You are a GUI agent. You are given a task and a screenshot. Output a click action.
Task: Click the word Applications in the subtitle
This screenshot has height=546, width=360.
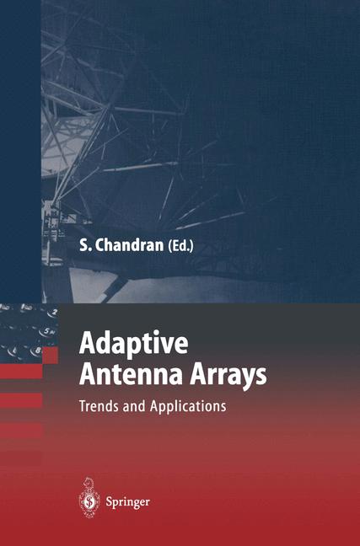click(x=187, y=405)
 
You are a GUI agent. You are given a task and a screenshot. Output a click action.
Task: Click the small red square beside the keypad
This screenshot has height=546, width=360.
click(x=50, y=354)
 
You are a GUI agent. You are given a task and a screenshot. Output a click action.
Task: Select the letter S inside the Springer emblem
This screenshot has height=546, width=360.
click(x=89, y=502)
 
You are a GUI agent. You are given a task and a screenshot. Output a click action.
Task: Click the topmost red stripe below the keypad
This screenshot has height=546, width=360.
click(x=21, y=371)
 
